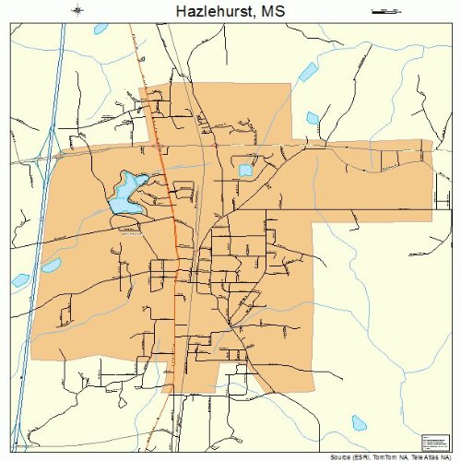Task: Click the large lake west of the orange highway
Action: tap(124, 194)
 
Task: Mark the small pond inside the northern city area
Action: tap(246, 170)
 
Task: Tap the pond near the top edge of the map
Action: tap(100, 29)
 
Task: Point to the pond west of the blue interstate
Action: tap(18, 279)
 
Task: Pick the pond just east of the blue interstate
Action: tap(50, 266)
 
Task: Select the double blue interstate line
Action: tap(41, 230)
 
